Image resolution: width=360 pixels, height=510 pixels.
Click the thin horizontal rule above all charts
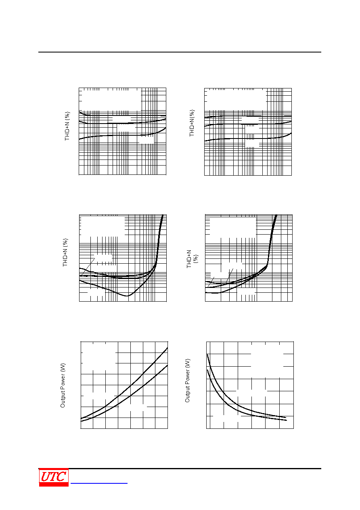[180, 52]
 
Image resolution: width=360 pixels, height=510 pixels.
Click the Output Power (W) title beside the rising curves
[63, 386]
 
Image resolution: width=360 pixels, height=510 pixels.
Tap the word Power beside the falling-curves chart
[187, 378]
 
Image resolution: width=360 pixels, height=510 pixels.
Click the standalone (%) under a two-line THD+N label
[196, 259]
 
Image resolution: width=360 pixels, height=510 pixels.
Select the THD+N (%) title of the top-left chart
[67, 126]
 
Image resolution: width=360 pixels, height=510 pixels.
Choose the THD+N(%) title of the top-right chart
[192, 123]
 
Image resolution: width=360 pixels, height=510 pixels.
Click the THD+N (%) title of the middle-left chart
[65, 252]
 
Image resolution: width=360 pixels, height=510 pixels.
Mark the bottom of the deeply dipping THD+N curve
[127, 296]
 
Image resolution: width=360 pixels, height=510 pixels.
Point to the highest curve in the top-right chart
[248, 116]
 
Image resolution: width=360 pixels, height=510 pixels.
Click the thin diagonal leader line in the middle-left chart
[88, 267]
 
